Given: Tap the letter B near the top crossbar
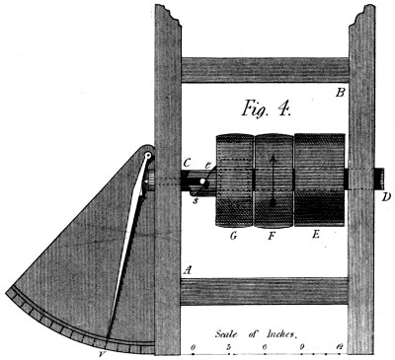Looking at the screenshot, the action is (x=339, y=94).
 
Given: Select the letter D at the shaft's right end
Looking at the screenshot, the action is (x=385, y=195).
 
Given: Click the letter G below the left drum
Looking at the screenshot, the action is (x=232, y=237).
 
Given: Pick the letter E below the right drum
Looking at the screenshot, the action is (x=315, y=237).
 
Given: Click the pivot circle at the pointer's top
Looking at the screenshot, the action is (x=147, y=156).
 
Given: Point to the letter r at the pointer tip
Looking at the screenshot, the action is (x=105, y=348).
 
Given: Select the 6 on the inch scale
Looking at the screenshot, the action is (x=266, y=349).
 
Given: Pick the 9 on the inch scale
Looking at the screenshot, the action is (x=301, y=349).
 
